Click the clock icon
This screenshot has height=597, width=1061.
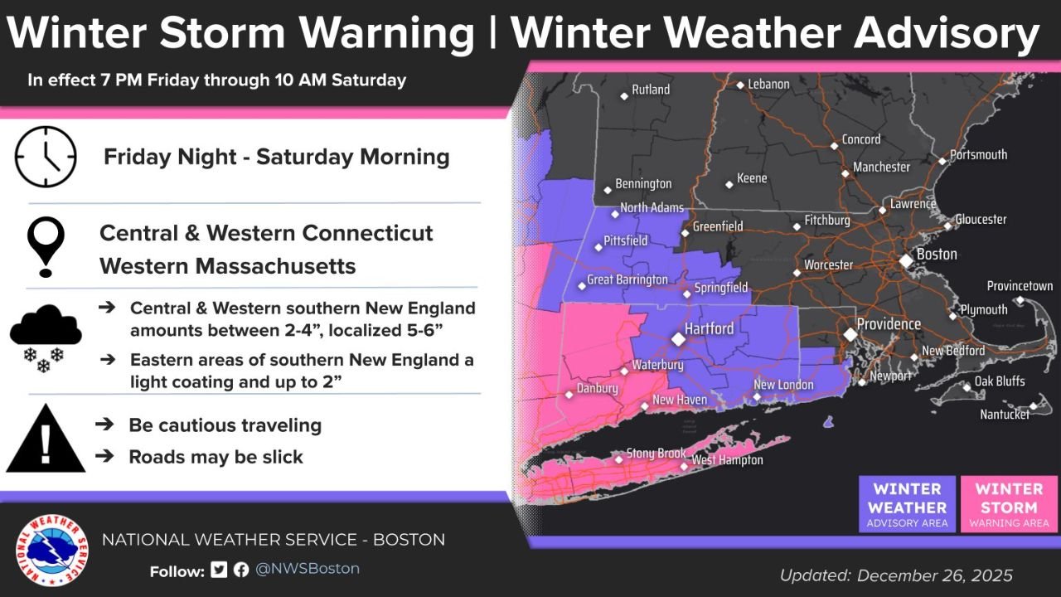click(x=46, y=157)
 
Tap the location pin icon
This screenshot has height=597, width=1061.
click(x=46, y=246)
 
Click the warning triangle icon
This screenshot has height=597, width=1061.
click(x=46, y=440)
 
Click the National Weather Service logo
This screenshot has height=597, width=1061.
click(x=51, y=550)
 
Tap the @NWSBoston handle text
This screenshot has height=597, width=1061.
click(x=307, y=569)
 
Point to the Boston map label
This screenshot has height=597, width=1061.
click(x=936, y=255)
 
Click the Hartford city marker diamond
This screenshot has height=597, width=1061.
click(x=678, y=338)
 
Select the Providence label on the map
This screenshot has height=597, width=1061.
click(x=889, y=324)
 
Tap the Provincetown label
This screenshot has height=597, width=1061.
click(x=1020, y=286)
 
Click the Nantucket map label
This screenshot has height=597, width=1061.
click(x=1004, y=414)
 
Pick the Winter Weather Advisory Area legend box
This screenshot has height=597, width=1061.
click(x=907, y=504)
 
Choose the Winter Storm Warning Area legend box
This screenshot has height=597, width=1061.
click(x=1007, y=504)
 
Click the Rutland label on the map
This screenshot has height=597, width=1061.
click(x=651, y=90)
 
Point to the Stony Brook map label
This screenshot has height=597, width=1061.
click(x=656, y=454)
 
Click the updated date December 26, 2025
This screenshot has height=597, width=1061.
click(x=896, y=575)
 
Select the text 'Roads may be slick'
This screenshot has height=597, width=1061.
click(x=216, y=457)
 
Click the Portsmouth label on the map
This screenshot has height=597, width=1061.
click(x=978, y=155)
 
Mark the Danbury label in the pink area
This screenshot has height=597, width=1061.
click(x=598, y=389)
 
